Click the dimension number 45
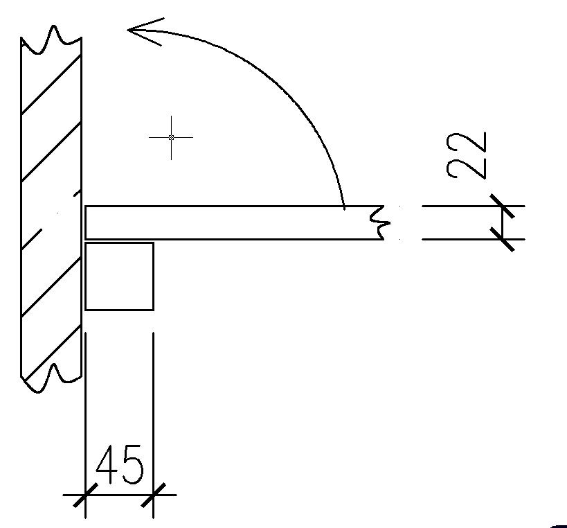tap(120, 464)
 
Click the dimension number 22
tap(467, 156)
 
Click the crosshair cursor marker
tap(171, 137)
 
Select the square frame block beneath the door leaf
tap(119, 276)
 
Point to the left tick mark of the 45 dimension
tap(85, 495)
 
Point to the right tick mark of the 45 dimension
tap(153, 495)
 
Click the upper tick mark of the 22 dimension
tap(503, 206)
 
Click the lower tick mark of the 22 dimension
tap(503, 239)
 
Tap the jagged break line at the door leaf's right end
tap(380, 222)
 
